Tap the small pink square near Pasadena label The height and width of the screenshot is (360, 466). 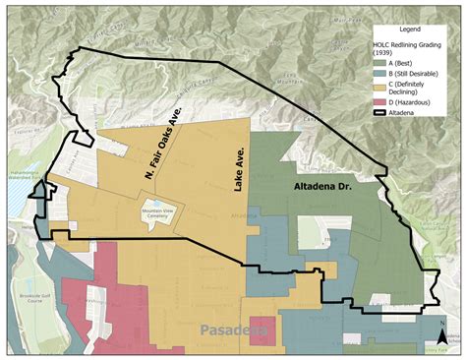pyautogui.click(x=262, y=330)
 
